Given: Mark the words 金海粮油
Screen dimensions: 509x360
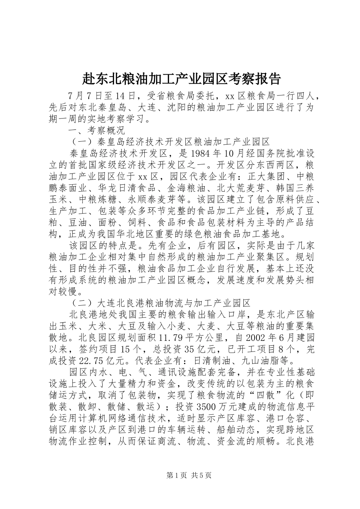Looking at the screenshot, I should point(182,188).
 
